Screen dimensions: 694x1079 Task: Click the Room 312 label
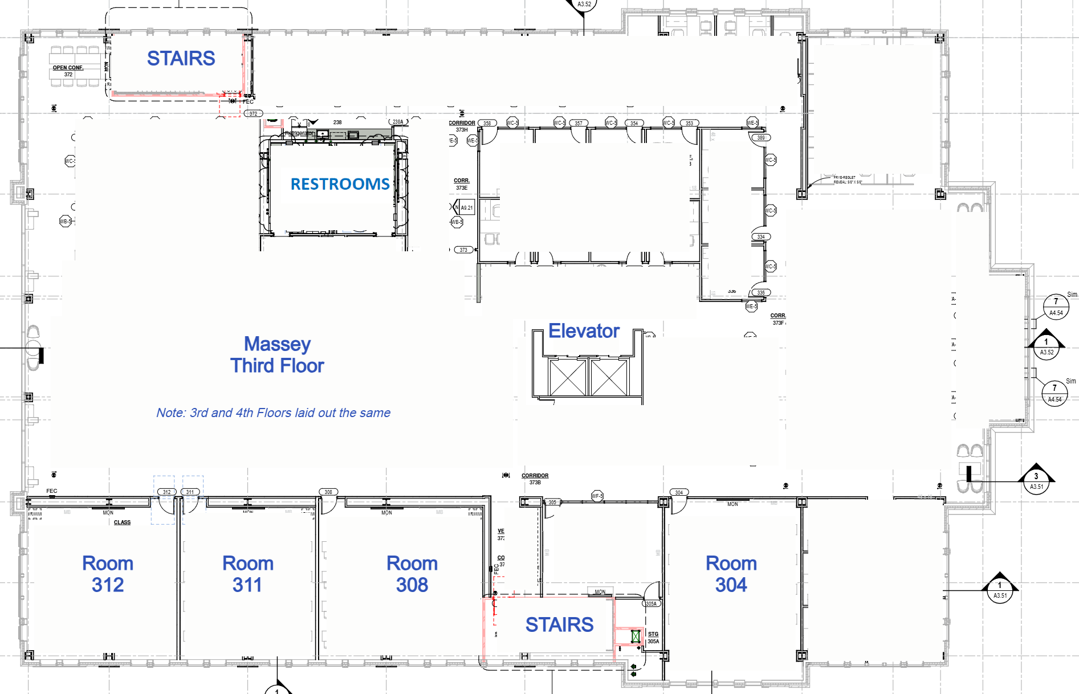click(x=108, y=574)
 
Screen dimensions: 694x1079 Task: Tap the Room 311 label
click(x=247, y=574)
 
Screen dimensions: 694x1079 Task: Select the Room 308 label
click(x=412, y=574)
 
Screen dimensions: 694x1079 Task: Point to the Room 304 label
click(x=731, y=574)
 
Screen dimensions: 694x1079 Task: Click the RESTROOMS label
click(x=340, y=184)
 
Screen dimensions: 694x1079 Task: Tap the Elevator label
click(x=584, y=331)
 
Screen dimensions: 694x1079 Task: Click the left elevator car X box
click(x=568, y=377)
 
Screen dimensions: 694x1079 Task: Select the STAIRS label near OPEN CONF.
click(x=181, y=58)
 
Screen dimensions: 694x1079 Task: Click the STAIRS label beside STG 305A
click(x=559, y=624)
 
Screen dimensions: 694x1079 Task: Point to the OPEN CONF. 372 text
click(x=68, y=71)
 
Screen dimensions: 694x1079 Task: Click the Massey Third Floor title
click(x=277, y=354)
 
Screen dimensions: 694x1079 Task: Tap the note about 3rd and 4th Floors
click(x=273, y=413)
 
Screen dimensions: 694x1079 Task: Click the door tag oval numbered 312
click(x=166, y=492)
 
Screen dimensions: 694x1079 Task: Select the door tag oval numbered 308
click(x=328, y=492)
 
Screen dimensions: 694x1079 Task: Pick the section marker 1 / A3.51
click(x=1000, y=590)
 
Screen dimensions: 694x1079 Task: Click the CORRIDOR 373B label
click(x=535, y=479)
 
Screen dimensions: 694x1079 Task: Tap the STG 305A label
click(x=653, y=638)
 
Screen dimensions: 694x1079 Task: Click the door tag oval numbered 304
click(x=679, y=492)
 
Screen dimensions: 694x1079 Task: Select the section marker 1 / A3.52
click(x=1047, y=347)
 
